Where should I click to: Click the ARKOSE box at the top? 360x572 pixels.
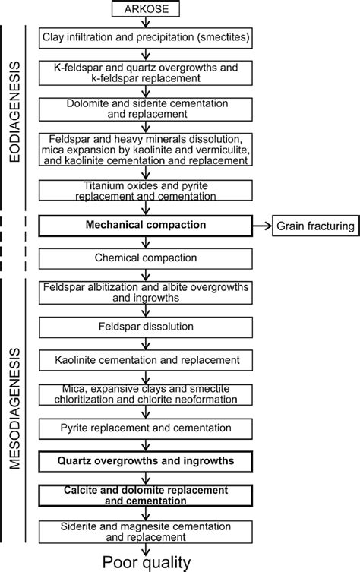click(x=144, y=10)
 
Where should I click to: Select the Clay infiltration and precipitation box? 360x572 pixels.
click(x=144, y=36)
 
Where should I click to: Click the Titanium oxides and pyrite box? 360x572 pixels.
click(x=144, y=190)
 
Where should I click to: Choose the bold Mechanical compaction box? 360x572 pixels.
click(x=144, y=226)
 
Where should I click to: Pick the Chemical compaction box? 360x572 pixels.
click(x=144, y=258)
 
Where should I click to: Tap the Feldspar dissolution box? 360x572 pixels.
click(x=144, y=326)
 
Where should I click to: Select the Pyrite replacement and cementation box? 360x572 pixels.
click(x=144, y=428)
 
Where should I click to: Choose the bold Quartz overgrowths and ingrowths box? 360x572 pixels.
click(x=144, y=461)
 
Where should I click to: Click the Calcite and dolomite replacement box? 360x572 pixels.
click(x=144, y=496)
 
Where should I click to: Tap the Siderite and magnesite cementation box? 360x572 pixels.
click(x=144, y=530)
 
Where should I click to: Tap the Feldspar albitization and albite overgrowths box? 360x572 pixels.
click(x=144, y=292)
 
